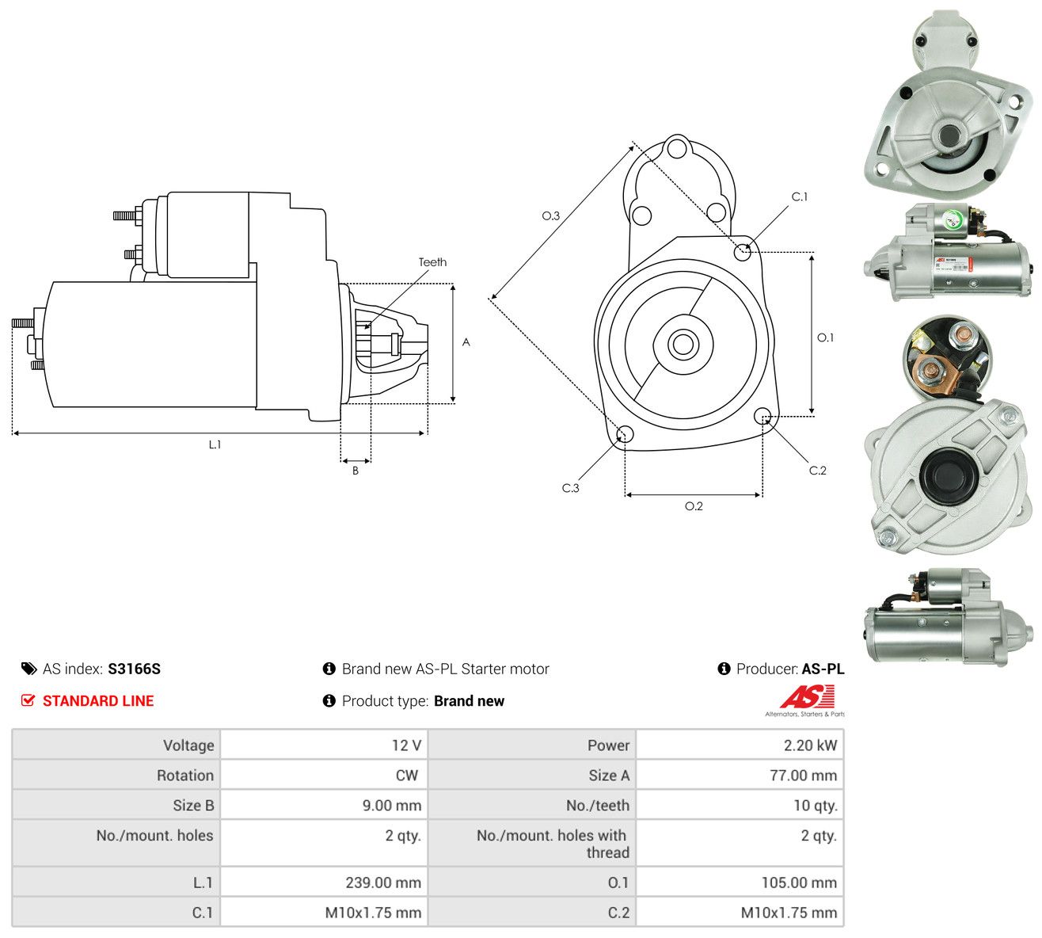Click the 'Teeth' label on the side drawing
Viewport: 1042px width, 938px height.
[432, 262]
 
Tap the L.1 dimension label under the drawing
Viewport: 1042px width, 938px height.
[215, 444]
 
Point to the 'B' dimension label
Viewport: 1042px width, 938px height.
[356, 471]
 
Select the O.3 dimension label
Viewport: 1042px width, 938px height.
[550, 215]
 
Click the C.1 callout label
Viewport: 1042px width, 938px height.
[800, 196]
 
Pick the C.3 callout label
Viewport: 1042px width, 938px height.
[570, 488]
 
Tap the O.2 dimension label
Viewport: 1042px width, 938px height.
[694, 506]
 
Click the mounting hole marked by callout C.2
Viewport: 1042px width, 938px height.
[762, 415]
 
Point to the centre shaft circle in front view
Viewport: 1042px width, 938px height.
[683, 344]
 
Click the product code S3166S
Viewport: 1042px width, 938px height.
[134, 669]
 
